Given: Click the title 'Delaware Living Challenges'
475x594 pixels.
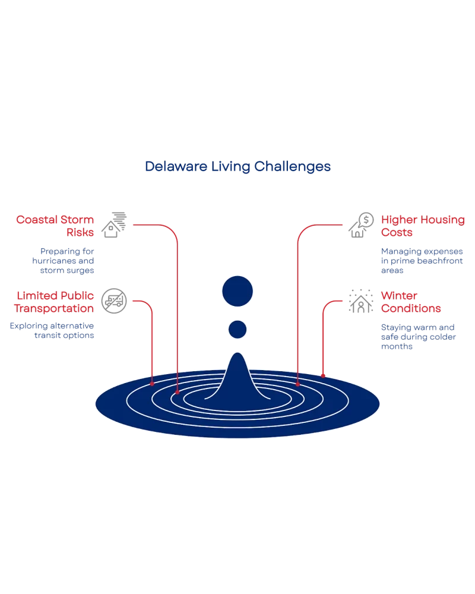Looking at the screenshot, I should [x=237, y=167].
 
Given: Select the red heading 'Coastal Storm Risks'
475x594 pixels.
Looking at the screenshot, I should [x=55, y=226].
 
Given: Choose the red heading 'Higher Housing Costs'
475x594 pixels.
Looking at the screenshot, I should [x=422, y=226].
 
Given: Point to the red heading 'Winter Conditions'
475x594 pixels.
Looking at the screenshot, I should [x=411, y=302].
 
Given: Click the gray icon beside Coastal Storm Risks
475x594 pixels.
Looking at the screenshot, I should [x=114, y=223].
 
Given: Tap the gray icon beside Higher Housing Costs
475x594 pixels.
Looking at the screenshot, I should [x=361, y=223].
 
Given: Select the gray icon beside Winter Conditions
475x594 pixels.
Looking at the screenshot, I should [x=361, y=299].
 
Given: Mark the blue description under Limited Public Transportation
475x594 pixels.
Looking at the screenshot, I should [x=52, y=331].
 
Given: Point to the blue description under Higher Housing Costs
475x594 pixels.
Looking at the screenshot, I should [x=422, y=261].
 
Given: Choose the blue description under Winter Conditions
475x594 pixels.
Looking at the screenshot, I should [x=418, y=337].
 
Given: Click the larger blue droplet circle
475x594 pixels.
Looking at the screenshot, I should [x=237, y=292].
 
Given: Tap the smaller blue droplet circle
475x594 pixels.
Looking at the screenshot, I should [x=237, y=329].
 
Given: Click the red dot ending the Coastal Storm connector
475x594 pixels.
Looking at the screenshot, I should [x=178, y=392].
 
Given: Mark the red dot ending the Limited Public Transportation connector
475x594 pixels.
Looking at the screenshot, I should [x=153, y=383].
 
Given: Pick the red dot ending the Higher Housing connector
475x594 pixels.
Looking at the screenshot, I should [x=297, y=384].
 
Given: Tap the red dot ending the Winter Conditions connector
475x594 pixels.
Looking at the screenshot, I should [x=322, y=375].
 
